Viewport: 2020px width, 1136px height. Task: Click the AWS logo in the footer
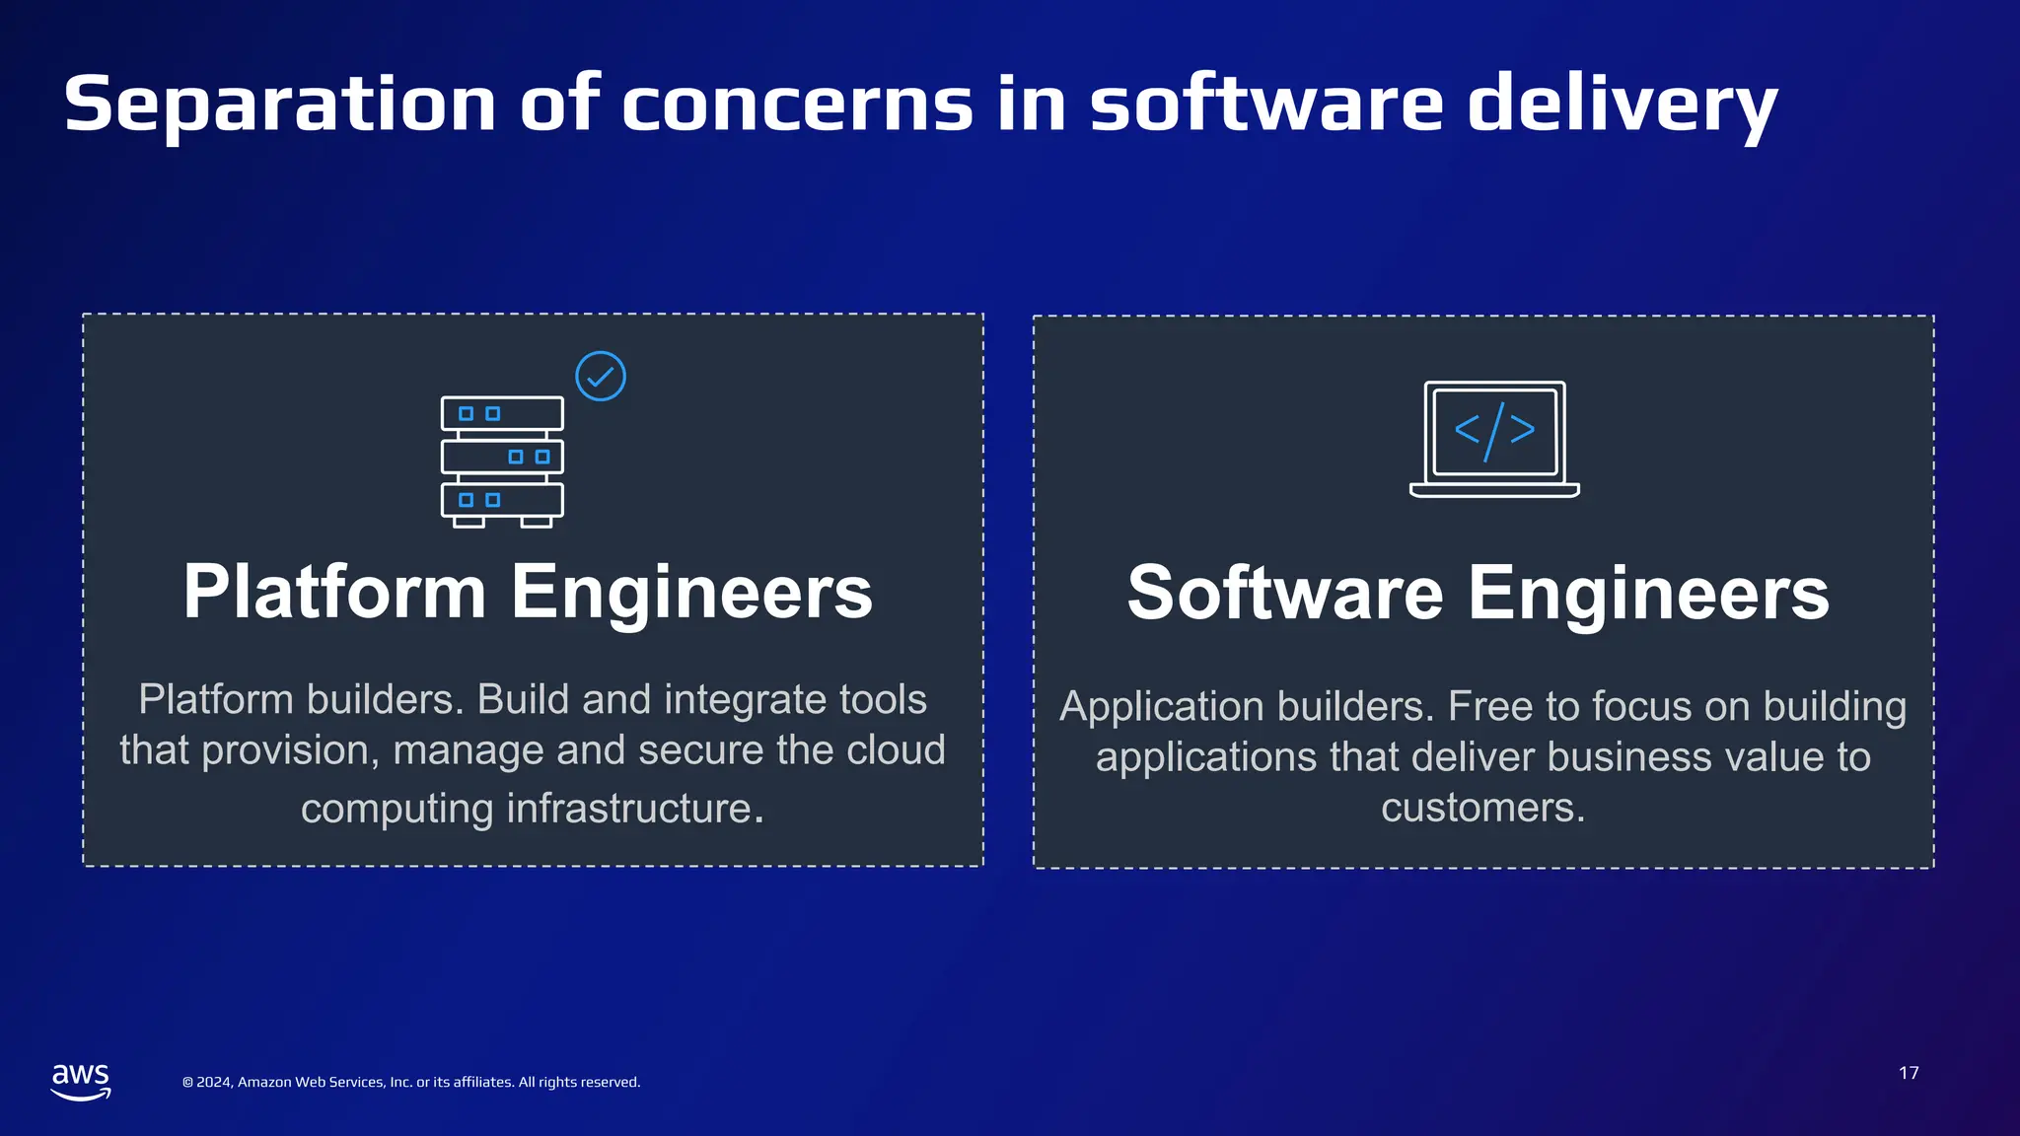click(81, 1081)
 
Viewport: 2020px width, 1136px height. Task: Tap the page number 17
click(1909, 1073)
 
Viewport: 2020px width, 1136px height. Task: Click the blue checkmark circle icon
click(601, 377)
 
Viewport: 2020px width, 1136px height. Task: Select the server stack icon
click(502, 461)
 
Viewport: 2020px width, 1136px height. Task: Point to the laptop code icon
click(1494, 439)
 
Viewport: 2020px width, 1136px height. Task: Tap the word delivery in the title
click(1622, 105)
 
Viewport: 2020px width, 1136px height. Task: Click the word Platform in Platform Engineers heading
click(334, 592)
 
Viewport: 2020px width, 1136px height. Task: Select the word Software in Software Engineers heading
click(1285, 593)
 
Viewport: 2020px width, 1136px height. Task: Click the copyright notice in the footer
click(411, 1082)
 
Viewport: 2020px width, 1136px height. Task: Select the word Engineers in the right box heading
click(1648, 593)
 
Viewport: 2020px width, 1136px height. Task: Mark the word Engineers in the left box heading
click(691, 592)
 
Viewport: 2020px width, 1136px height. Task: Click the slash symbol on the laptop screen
click(1494, 431)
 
